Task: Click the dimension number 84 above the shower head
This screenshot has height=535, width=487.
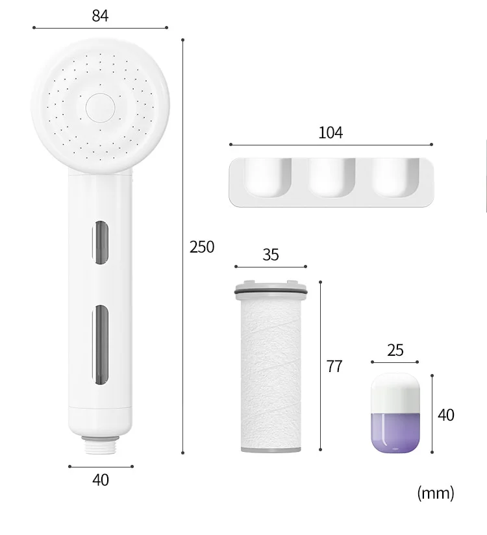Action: tap(100, 15)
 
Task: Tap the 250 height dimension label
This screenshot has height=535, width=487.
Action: tap(202, 247)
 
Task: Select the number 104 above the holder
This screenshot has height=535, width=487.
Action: tap(331, 132)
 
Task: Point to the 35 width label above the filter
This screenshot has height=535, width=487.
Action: tap(271, 255)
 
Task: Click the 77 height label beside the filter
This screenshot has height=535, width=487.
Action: tap(334, 366)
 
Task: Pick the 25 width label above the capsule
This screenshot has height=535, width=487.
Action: tap(395, 351)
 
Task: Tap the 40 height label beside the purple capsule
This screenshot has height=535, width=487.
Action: tap(446, 414)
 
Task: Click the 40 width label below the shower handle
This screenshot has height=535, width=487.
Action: tap(101, 480)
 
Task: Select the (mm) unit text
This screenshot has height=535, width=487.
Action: tap(435, 493)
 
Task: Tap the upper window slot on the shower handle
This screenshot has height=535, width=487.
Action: tap(101, 243)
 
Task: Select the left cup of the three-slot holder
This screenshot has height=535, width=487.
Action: tap(266, 177)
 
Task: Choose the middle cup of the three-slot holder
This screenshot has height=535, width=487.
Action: tap(331, 177)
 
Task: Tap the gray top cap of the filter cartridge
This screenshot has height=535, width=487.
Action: tap(271, 288)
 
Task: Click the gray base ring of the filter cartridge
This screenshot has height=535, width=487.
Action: tap(271, 448)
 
